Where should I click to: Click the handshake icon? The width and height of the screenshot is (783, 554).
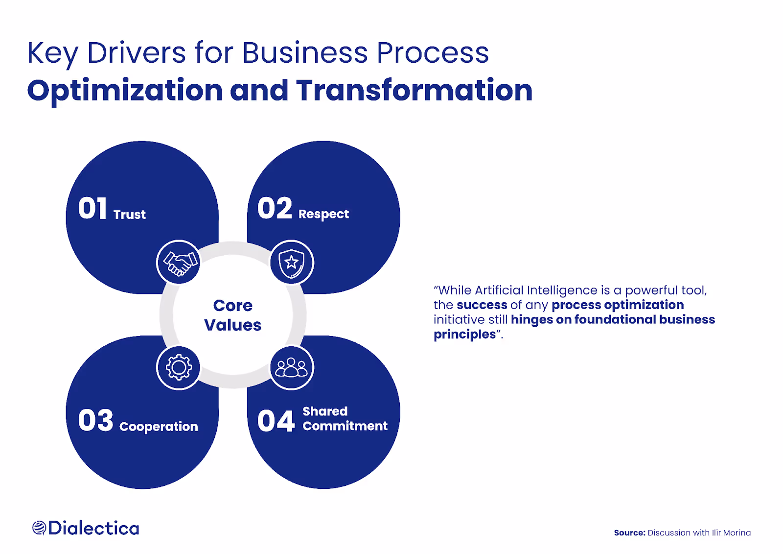179,263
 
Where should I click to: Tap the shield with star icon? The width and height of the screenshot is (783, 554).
292,263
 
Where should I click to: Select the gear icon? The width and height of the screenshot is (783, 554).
179,367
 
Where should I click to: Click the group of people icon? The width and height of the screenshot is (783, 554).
292,367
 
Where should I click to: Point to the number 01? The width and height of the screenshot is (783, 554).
92,209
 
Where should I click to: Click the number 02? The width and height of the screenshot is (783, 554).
275,209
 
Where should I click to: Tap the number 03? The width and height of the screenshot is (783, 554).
95,421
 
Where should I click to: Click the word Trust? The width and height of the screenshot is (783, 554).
130,215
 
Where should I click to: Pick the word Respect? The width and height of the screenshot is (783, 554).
323,215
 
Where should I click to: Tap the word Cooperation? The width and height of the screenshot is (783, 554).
159,427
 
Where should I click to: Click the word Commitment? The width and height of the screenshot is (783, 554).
345,426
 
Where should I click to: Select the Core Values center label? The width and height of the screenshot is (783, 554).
233,315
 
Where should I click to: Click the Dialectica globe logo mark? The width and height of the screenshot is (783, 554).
39,528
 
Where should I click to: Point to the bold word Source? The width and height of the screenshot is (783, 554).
629,533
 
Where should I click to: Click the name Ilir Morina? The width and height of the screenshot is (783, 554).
731,533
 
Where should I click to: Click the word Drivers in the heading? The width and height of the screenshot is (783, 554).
137,53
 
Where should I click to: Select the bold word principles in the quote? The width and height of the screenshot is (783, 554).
464,335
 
